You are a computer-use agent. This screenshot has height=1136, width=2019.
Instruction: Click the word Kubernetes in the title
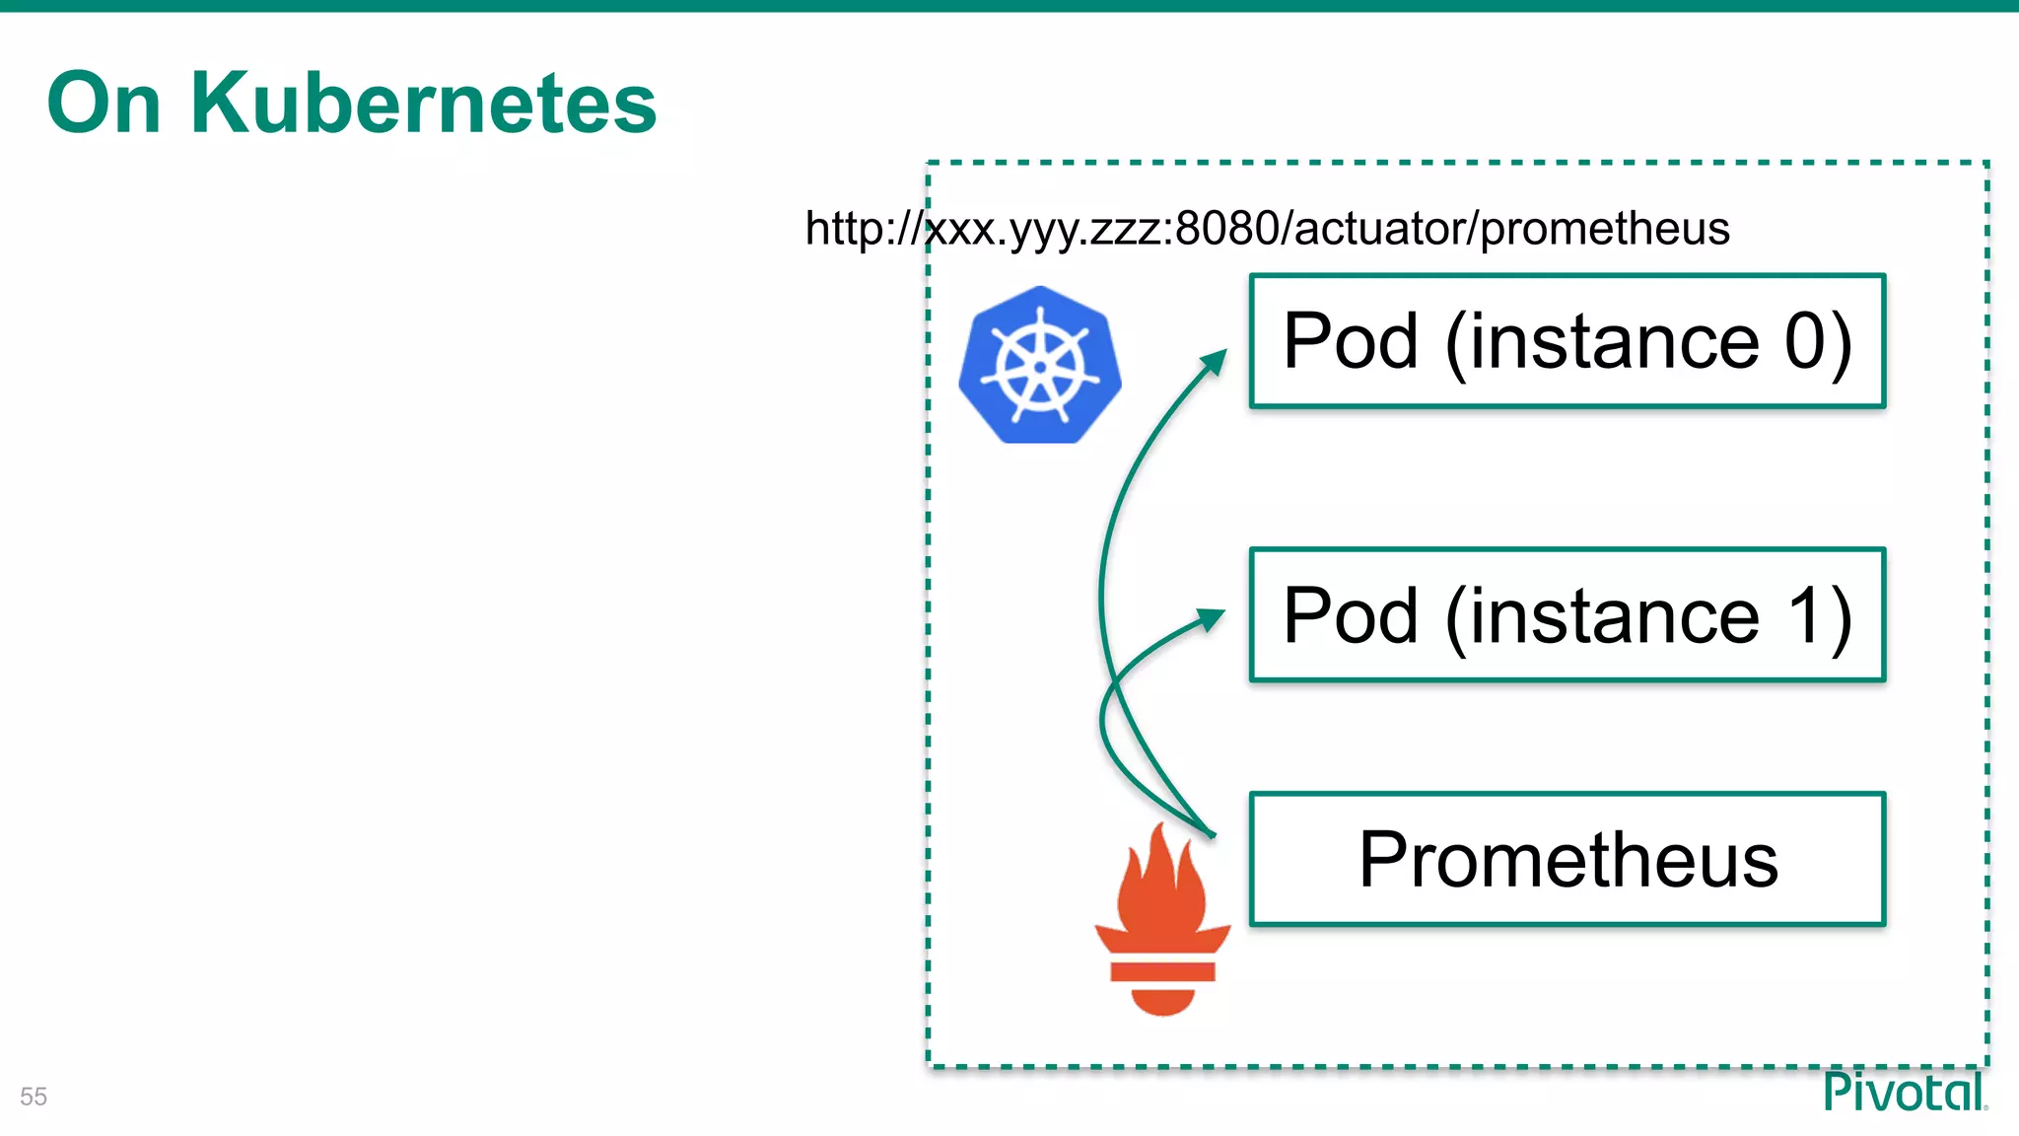click(x=423, y=103)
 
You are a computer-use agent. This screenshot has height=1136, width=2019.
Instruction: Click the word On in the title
click(x=104, y=103)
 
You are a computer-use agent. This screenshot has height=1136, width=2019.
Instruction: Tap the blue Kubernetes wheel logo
click(x=1039, y=365)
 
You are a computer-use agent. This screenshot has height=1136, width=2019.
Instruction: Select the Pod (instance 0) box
click(x=1566, y=341)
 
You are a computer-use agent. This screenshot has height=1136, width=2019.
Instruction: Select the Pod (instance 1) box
click(x=1566, y=614)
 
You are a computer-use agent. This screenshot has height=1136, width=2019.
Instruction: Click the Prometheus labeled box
click(x=1566, y=859)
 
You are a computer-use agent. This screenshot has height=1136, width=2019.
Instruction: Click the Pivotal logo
click(x=1904, y=1092)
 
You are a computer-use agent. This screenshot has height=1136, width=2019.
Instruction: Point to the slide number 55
click(x=34, y=1097)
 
